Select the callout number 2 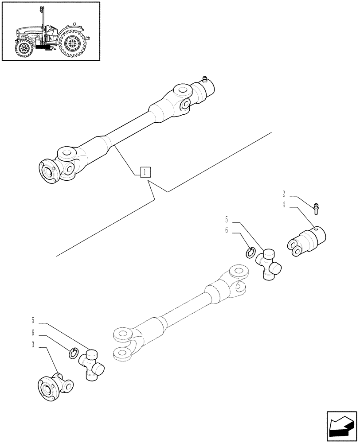tap(283, 194)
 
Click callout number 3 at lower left tap(33, 345)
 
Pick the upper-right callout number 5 tap(226, 219)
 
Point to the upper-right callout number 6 tap(226, 231)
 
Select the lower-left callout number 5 tap(33, 320)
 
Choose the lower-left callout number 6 tap(33, 332)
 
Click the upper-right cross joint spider tap(269, 264)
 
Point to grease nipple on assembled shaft tap(204, 79)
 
